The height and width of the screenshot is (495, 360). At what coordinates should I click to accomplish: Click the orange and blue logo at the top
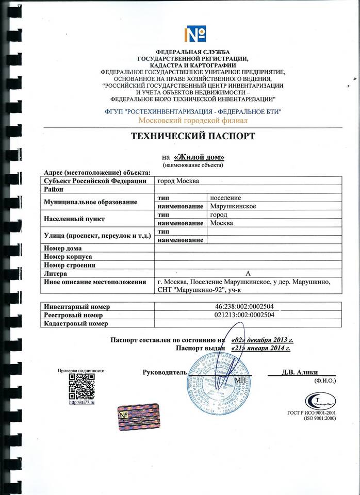click(195, 35)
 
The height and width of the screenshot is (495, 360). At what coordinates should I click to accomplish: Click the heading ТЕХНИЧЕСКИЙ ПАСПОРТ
click(193, 137)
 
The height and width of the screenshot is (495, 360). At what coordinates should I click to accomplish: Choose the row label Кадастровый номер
click(76, 323)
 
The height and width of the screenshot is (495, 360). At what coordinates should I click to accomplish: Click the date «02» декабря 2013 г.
click(262, 340)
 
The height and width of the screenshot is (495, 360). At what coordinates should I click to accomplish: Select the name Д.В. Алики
click(300, 372)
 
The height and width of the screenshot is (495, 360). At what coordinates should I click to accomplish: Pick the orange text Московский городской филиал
click(193, 120)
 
